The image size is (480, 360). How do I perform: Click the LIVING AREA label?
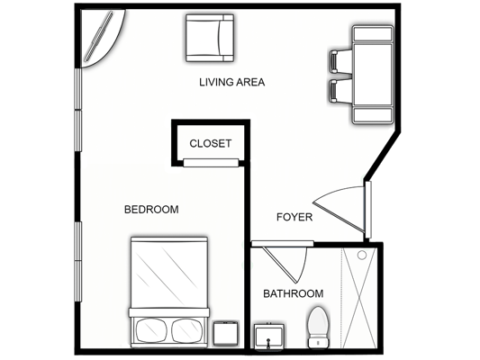tap(231, 82)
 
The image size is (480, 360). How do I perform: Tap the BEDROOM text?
tap(151, 210)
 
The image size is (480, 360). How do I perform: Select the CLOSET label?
tap(211, 143)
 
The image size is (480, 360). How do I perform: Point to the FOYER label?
tap(294, 217)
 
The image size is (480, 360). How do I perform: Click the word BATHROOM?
tap(294, 293)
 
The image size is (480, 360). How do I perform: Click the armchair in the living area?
tap(210, 38)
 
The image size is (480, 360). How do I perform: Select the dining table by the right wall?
tap(373, 75)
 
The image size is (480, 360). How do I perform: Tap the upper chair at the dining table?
tap(340, 62)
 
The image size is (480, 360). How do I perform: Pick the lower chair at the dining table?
tap(340, 91)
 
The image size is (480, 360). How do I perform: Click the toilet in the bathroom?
tap(319, 328)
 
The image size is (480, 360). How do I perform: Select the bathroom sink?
tap(268, 337)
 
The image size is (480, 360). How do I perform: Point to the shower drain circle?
tap(362, 255)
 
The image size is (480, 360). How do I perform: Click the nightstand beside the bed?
tap(226, 333)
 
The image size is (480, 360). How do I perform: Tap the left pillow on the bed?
tap(151, 330)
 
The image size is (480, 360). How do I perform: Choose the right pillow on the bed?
tap(187, 330)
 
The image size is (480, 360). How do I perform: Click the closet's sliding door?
tap(211, 163)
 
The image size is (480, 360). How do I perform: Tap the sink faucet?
tap(268, 343)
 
